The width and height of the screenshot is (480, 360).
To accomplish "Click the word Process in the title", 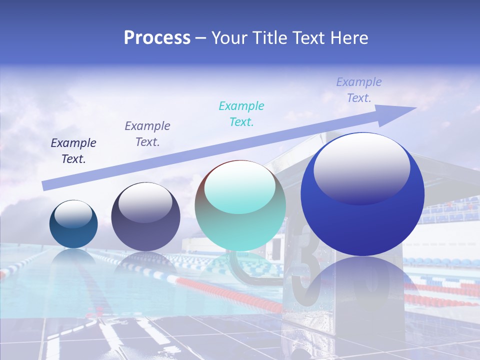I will coord(157,38).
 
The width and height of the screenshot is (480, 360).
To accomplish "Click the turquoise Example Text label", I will coord(241,113).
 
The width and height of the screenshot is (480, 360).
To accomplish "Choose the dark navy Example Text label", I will coord(73,150).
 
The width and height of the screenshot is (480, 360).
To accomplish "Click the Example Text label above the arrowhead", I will coord(359,90).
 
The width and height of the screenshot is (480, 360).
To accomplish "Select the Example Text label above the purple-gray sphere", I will coord(147,133).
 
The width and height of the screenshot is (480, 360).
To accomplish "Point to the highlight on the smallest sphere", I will coord(73,213).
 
